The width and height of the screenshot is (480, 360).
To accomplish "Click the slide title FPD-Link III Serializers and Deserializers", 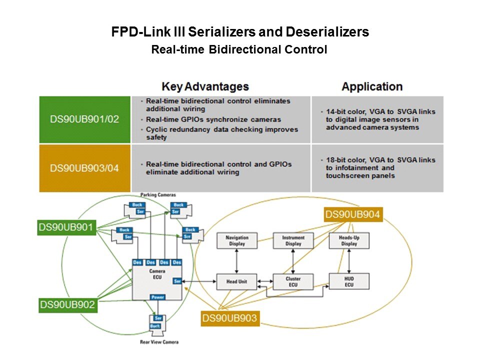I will pos(240,32).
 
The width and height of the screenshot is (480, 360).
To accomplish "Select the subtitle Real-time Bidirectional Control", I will pos(239,50).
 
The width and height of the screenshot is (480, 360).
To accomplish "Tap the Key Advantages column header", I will pos(205,86).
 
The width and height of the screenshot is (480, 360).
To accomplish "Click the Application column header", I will pos(372,86).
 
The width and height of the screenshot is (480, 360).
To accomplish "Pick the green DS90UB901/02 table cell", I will pos(84,119).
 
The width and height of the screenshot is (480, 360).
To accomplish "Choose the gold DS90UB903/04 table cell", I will pos(84,168).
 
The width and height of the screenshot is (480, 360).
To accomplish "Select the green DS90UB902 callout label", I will pos(67,304).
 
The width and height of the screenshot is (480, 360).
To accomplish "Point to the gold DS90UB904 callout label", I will pos(352,215).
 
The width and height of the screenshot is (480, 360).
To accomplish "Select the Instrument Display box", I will pos(293,240).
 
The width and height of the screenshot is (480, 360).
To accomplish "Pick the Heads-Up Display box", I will pos(349,240).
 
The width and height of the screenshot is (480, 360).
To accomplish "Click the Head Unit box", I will pos(237,281).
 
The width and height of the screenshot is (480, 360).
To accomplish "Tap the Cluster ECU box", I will pos(293,281).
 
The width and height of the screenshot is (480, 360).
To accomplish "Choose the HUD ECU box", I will pos(349,281).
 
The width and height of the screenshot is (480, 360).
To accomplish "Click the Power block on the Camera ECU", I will pos(157,297).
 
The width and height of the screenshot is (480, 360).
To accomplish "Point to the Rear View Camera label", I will pos(159,342).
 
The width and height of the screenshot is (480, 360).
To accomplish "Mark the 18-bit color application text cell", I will pos(377,168).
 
